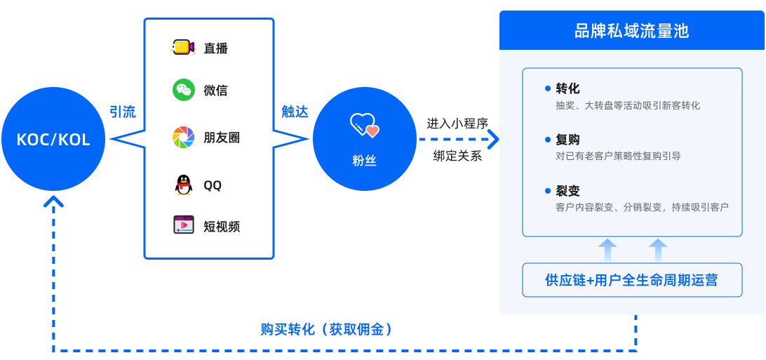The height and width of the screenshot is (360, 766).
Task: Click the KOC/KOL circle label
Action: (x=53, y=140)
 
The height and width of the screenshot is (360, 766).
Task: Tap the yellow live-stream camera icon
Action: (x=183, y=48)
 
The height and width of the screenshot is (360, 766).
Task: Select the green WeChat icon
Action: (x=184, y=90)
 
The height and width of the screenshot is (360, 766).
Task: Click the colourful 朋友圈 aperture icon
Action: (x=184, y=138)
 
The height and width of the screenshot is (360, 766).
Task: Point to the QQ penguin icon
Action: (x=183, y=185)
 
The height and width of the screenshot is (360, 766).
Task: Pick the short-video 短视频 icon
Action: (x=184, y=226)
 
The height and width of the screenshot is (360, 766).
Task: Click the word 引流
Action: (x=123, y=112)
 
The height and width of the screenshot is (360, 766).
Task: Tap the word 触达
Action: (x=295, y=112)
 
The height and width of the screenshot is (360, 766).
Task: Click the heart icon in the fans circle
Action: (x=364, y=126)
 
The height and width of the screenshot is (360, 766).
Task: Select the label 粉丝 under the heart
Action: (x=364, y=161)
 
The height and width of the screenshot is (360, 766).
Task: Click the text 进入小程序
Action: (x=457, y=124)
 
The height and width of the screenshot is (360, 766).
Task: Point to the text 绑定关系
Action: (x=457, y=156)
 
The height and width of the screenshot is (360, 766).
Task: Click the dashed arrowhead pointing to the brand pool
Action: (x=494, y=139)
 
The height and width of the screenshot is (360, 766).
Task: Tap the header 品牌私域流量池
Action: (x=631, y=31)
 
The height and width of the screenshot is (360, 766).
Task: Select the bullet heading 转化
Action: (x=567, y=88)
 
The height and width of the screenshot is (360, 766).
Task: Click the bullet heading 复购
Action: (x=567, y=140)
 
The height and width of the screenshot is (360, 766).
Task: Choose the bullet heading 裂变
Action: (x=567, y=191)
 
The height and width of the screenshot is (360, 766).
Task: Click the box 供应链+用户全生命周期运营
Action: (x=631, y=280)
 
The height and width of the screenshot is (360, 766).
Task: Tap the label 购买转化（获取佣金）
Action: (x=326, y=329)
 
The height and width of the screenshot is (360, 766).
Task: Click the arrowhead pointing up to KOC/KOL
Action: (x=53, y=202)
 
